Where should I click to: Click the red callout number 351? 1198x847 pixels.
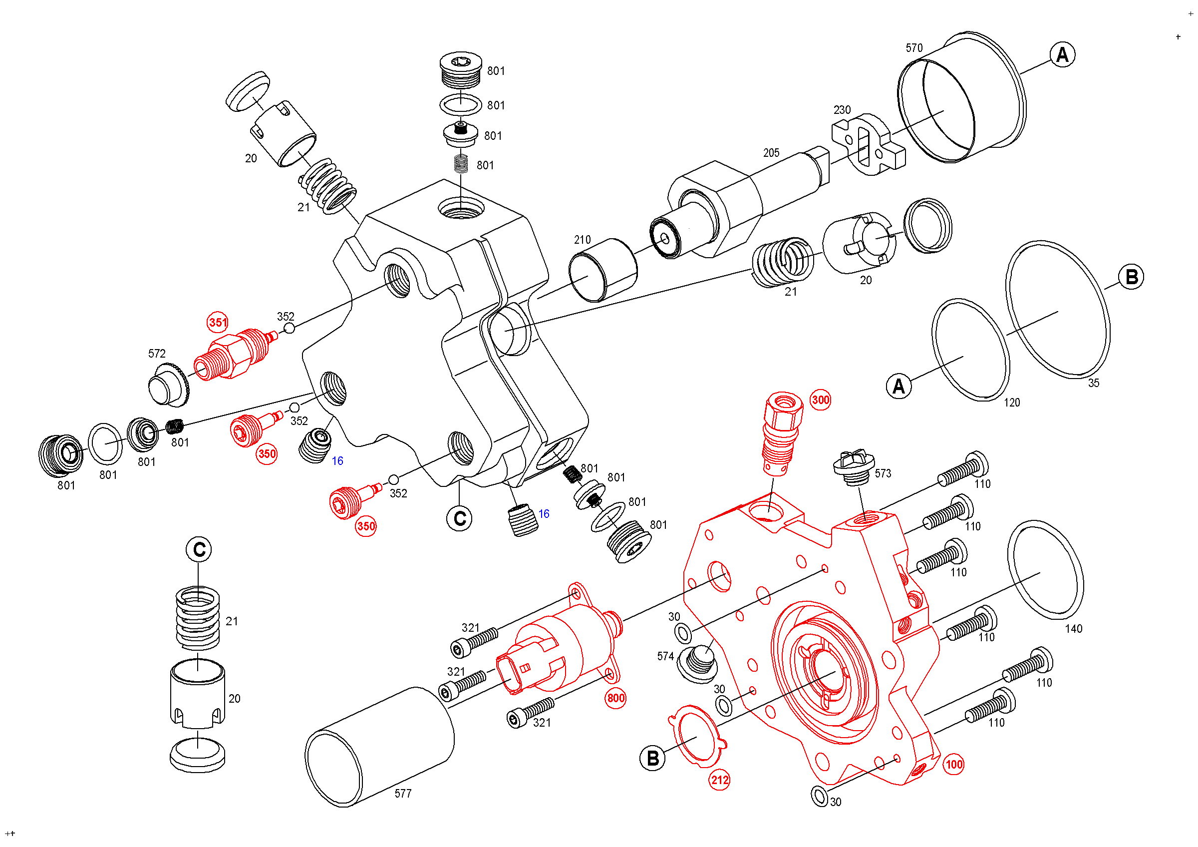click(x=218, y=323)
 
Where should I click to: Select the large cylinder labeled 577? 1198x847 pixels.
click(x=380, y=746)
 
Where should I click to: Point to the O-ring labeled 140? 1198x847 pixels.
click(x=1045, y=569)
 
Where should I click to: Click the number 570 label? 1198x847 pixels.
click(x=913, y=48)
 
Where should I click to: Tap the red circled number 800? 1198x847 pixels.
click(x=615, y=698)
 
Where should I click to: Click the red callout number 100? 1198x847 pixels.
click(x=954, y=765)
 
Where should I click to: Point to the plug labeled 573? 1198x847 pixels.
click(x=853, y=467)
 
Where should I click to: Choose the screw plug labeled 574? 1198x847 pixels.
click(x=698, y=664)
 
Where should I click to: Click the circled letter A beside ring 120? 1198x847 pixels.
click(x=898, y=386)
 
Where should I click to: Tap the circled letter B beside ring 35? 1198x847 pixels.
click(x=1131, y=277)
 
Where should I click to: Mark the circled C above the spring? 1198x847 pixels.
click(x=199, y=549)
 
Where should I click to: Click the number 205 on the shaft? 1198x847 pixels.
click(x=771, y=153)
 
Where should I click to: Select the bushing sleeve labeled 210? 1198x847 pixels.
click(x=602, y=270)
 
